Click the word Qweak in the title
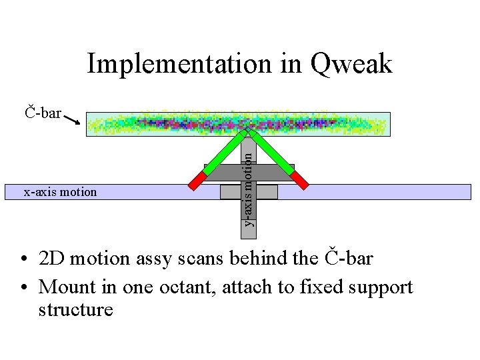[351, 65]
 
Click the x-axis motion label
[60, 192]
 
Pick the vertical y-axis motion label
[248, 188]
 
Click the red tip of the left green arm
[198, 181]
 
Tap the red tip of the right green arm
[301, 181]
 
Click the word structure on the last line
[76, 310]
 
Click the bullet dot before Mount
[23, 288]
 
